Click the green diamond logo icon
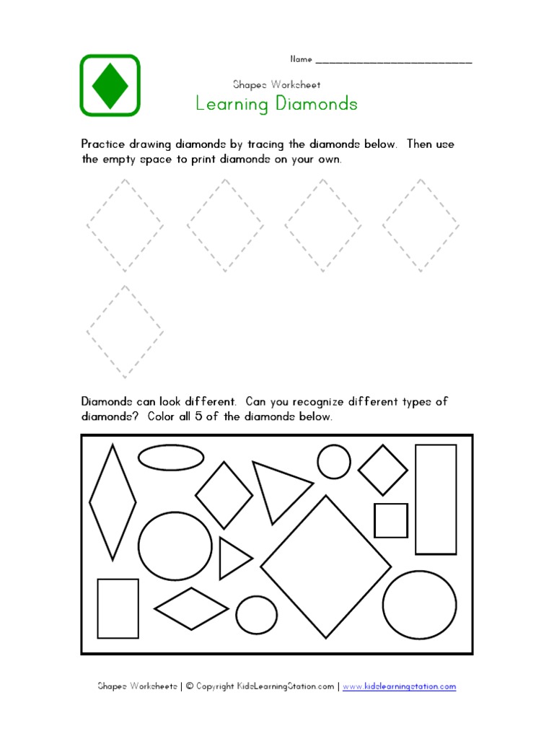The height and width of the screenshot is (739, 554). [110, 84]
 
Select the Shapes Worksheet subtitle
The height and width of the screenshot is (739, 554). [276, 84]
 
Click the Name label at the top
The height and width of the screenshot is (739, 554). [301, 59]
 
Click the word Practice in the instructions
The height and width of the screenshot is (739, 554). [104, 144]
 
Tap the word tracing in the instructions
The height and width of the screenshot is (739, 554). [276, 144]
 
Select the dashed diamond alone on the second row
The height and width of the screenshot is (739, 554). [125, 331]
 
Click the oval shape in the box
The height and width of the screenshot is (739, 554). [171, 457]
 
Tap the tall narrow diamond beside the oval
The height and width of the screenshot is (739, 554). [113, 502]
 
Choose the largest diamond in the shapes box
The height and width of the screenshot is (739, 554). [325, 567]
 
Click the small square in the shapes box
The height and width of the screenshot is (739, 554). [391, 520]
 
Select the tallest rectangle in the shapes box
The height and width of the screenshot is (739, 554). [436, 499]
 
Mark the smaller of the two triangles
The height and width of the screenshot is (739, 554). [232, 558]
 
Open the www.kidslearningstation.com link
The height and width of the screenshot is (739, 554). [400, 686]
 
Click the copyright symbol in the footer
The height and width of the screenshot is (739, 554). [190, 686]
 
